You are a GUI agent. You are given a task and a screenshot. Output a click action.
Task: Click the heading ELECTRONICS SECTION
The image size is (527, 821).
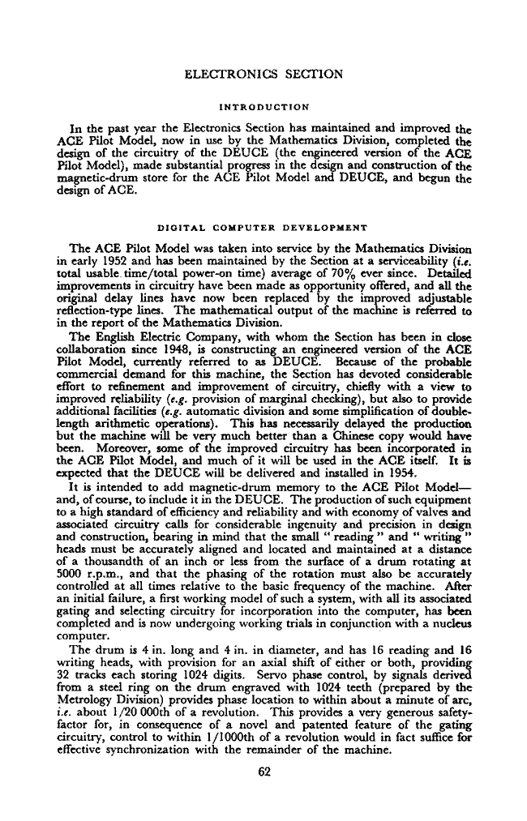coord(263,75)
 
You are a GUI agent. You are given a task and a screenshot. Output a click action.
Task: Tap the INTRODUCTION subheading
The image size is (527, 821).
coord(263,105)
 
